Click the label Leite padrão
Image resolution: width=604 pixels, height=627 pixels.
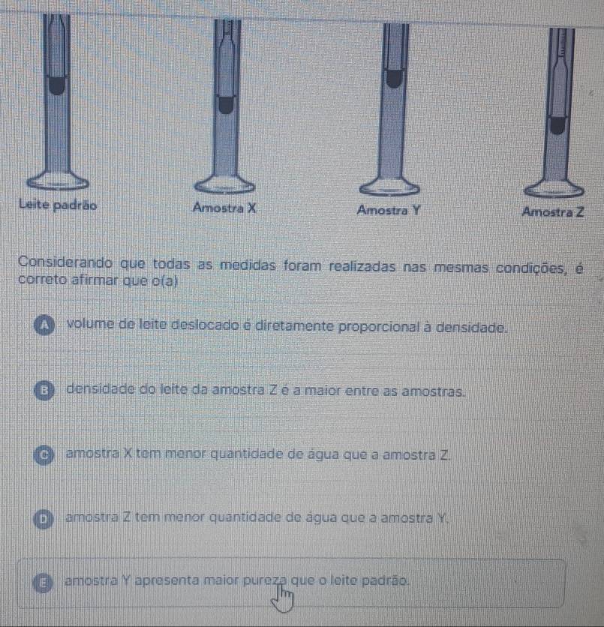coord(58,205)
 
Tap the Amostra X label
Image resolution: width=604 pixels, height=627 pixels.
coord(224,208)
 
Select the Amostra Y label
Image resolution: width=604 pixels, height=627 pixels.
coord(389,210)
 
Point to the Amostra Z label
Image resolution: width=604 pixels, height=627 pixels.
coord(553,211)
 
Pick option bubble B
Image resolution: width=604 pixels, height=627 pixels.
coord(44,391)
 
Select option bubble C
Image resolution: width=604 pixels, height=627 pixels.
coord(44,455)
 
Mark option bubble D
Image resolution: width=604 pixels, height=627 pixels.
coord(44,519)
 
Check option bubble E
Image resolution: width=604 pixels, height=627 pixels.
coord(43,582)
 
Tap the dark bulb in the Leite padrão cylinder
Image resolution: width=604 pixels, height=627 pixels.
coord(57,86)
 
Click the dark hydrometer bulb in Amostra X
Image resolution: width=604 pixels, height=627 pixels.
coord(226,105)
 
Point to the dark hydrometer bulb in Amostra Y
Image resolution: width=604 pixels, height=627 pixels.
coord(394,79)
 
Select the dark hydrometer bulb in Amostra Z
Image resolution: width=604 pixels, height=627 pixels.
coord(557,125)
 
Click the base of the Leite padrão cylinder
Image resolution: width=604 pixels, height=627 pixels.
coord(58,181)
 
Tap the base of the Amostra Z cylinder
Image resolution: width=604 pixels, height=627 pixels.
coord(554,190)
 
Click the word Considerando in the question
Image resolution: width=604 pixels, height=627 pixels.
coord(65,262)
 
